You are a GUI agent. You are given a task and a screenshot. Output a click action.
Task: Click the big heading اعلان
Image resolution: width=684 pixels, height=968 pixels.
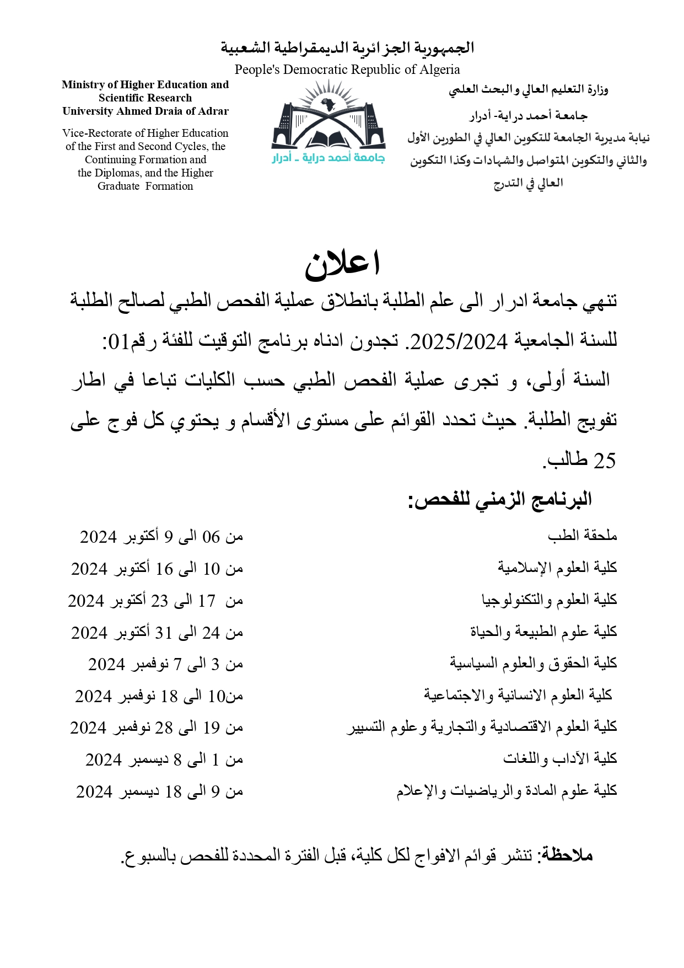pos(342,265)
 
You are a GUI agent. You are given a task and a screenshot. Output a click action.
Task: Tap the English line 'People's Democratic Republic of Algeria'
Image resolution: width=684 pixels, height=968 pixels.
pos(347,69)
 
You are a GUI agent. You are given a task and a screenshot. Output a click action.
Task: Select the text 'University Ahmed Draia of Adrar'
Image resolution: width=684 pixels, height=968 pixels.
pos(146,111)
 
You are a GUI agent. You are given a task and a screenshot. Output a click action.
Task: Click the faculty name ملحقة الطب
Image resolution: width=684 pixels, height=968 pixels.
pos(583,535)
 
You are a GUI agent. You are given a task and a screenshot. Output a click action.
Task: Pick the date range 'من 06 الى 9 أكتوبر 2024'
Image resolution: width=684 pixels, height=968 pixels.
pos(161,537)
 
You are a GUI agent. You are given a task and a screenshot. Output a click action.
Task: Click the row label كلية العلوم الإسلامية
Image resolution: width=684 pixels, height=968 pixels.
pos(557,567)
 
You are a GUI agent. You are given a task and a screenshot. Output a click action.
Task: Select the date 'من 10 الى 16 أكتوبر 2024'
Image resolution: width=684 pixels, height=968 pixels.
pos(157,569)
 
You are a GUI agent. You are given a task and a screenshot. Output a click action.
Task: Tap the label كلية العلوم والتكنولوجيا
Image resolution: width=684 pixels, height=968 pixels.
pos(550,600)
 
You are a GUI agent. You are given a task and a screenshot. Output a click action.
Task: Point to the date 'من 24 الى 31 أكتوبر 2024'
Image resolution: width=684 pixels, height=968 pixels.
pos(157,633)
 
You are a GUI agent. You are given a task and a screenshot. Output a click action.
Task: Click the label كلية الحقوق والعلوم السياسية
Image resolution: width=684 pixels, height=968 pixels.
pos(534,663)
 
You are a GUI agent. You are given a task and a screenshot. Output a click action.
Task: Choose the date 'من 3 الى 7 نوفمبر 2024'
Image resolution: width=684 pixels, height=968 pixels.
pos(165,665)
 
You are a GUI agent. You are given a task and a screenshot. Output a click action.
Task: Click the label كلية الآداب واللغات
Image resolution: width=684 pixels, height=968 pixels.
pos(560,759)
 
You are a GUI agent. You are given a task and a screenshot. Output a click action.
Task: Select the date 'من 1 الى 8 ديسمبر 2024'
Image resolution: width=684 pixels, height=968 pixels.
pos(164,760)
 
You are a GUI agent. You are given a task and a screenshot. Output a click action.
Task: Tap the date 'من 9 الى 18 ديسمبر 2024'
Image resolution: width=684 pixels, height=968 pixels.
pos(160,792)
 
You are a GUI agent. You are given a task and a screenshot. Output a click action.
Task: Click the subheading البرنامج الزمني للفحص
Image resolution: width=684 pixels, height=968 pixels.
pos(499,500)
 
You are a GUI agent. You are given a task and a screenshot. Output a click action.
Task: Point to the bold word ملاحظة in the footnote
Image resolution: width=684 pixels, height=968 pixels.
pos(568,855)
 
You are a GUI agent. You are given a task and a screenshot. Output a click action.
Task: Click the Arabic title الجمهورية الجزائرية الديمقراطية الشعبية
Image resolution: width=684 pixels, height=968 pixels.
pos(348,48)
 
